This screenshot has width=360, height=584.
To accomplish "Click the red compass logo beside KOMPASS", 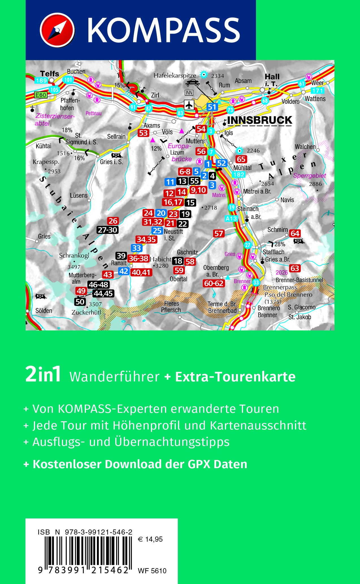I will (57, 30).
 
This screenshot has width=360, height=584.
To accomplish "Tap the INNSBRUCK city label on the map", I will (260, 120).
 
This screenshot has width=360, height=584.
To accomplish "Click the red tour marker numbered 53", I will (143, 133).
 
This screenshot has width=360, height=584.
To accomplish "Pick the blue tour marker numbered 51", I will (212, 107).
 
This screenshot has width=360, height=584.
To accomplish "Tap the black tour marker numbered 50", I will (80, 301).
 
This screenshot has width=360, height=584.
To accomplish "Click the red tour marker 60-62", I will (214, 283).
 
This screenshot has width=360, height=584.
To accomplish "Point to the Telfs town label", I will (49, 73).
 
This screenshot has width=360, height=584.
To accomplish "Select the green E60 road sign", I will (41, 95).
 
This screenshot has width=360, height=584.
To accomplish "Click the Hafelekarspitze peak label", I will (175, 75).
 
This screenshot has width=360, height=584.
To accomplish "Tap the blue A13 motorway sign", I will (231, 218).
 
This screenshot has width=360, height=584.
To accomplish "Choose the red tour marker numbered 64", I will (295, 233).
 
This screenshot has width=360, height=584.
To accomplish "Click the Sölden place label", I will (44, 311).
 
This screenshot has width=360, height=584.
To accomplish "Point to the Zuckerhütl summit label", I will (86, 312).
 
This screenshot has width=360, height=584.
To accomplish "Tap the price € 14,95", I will (150, 539).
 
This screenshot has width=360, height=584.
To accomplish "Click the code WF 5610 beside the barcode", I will (152, 571).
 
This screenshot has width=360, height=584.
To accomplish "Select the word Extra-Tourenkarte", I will (235, 377).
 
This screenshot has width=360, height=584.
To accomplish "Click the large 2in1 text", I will (43, 375).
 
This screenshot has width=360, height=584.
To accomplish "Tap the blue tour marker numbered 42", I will (123, 271).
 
